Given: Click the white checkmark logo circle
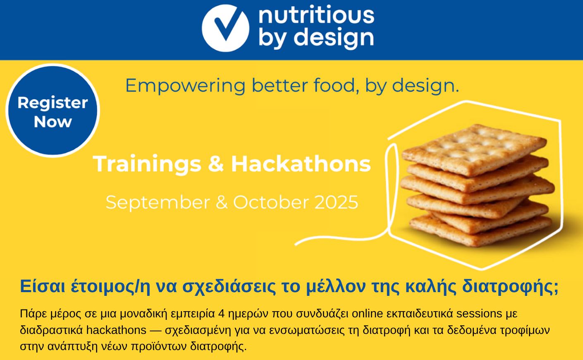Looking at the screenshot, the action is (225, 28).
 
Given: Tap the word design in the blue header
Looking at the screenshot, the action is (334, 38).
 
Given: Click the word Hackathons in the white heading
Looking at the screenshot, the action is (301, 163).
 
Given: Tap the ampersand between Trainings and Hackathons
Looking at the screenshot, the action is (216, 164).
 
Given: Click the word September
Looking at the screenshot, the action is (158, 202).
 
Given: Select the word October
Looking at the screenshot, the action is (271, 202).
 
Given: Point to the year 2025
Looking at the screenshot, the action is (336, 202).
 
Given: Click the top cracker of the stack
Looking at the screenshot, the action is (474, 149).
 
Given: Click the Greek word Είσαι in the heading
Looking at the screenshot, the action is (43, 286).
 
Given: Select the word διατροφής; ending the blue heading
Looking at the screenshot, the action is (510, 286).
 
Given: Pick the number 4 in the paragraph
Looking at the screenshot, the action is (222, 314).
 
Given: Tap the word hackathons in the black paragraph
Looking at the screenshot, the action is (116, 330).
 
